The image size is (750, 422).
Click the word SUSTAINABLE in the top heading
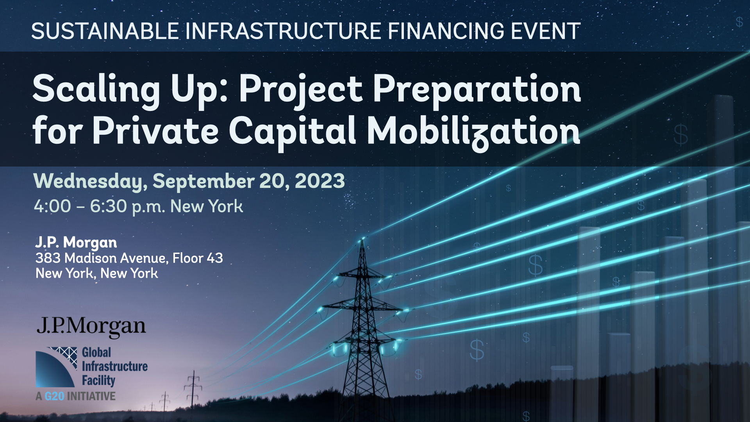[x=105, y=31]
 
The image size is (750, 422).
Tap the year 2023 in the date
[x=320, y=181]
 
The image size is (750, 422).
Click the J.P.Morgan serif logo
[x=91, y=327]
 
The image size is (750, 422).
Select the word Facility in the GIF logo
[x=98, y=381]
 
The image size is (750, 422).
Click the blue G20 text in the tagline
[x=54, y=396]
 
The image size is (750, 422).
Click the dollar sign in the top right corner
[x=739, y=22]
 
